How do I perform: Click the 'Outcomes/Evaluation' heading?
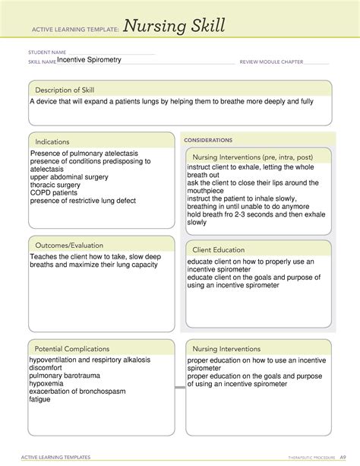[67, 246]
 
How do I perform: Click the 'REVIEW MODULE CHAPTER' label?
[273, 61]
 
